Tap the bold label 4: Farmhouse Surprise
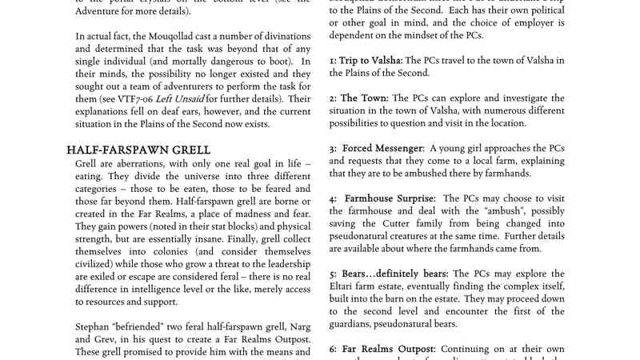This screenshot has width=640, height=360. (382, 198)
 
